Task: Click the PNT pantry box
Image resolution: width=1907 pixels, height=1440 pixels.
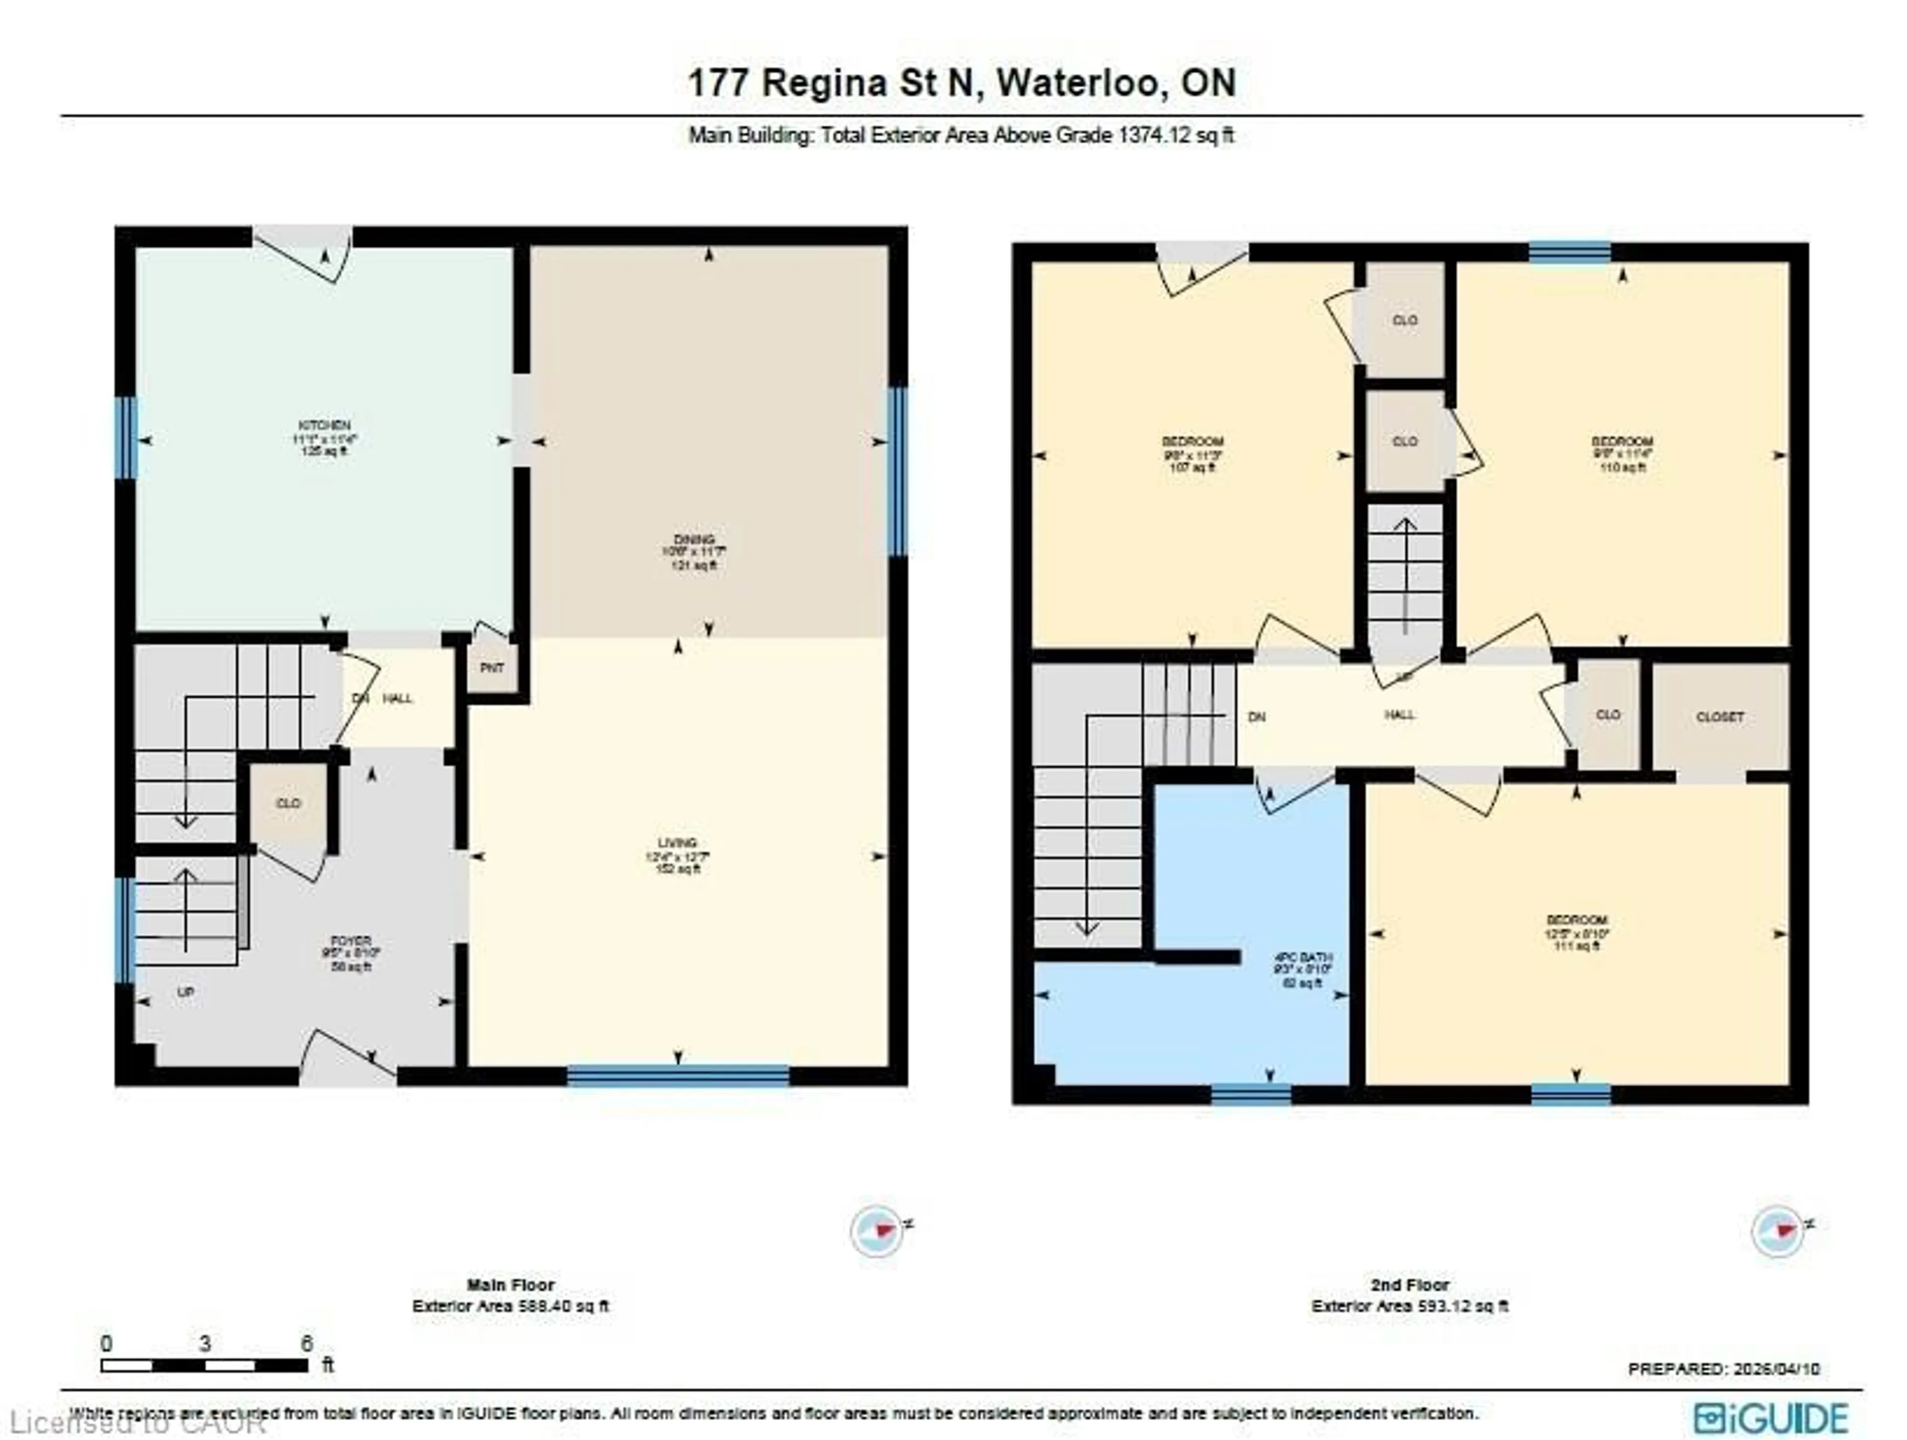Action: tap(492, 668)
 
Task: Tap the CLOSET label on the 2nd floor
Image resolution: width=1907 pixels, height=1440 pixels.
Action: tap(1720, 717)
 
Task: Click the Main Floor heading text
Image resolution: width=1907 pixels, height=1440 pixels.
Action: tap(511, 1285)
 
